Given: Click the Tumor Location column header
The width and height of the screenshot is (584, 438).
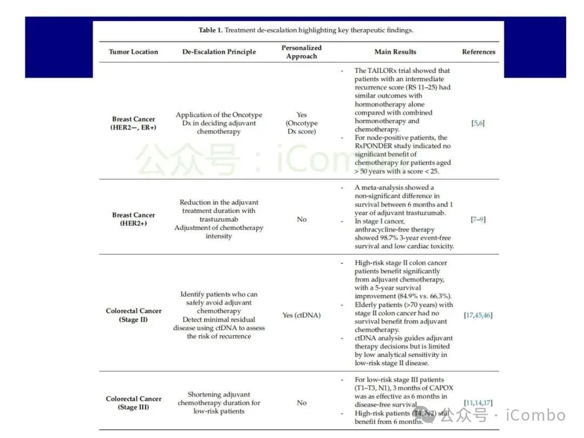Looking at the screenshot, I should pyautogui.click(x=133, y=52).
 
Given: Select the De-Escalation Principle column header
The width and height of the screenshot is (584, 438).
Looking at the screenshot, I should pyautogui.click(x=219, y=52).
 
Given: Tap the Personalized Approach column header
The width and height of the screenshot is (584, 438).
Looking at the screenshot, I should pyautogui.click(x=301, y=52).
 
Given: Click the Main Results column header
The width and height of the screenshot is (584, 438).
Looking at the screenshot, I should pyautogui.click(x=395, y=52).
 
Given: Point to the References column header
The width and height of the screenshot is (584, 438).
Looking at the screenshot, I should pyautogui.click(x=479, y=52).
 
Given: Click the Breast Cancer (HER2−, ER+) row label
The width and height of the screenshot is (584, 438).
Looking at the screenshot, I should pyautogui.click(x=134, y=123).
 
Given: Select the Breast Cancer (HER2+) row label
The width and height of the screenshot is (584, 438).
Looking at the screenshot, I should pyautogui.click(x=134, y=219).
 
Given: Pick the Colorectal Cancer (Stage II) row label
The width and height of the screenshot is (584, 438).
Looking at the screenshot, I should pyautogui.click(x=134, y=315).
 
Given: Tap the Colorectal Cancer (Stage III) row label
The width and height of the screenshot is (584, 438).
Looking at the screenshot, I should pyautogui.click(x=134, y=403).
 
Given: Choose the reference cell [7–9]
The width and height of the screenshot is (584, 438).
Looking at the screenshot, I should pyautogui.click(x=478, y=219).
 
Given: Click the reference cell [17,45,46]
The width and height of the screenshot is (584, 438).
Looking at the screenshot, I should pyautogui.click(x=478, y=315).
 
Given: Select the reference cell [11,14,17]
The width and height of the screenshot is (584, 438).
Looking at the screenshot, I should pyautogui.click(x=478, y=403).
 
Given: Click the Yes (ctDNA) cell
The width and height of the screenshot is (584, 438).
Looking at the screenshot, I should pyautogui.click(x=301, y=315).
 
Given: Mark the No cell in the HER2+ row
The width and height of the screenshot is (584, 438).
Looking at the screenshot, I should pyautogui.click(x=301, y=219).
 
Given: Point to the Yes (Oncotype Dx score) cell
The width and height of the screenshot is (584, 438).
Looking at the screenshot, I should pyautogui.click(x=301, y=123).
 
